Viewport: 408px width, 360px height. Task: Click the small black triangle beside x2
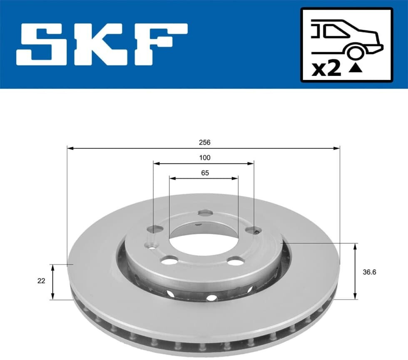pyautogui.click(x=356, y=68)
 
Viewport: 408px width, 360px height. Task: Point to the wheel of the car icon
pyautogui.click(x=355, y=52)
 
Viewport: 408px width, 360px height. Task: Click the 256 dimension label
pyautogui.click(x=204, y=142)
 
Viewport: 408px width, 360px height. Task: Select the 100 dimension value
pyautogui.click(x=205, y=157)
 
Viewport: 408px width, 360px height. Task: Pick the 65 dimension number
pyautogui.click(x=205, y=173)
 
